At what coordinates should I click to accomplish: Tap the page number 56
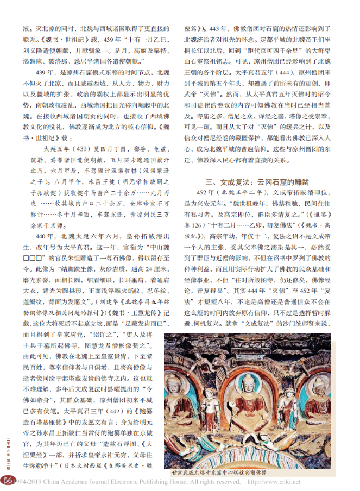point(7,480)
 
